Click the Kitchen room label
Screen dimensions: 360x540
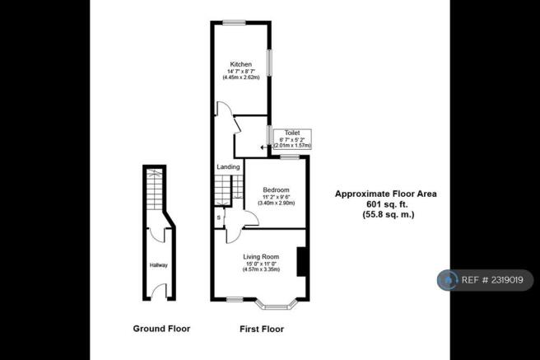(240, 64)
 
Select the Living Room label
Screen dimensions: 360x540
(262, 258)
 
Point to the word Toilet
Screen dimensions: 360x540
(292, 133)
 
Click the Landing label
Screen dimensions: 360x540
(228, 167)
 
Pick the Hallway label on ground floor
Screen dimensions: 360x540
(158, 265)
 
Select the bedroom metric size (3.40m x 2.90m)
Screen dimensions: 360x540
(278, 203)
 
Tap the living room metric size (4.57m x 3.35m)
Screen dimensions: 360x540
(262, 271)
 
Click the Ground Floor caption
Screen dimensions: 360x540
(161, 329)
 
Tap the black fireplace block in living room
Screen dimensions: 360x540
(301, 262)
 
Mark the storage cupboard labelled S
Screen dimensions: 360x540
(218, 218)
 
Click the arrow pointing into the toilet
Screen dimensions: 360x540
(264, 147)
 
